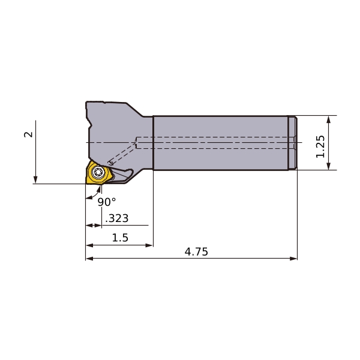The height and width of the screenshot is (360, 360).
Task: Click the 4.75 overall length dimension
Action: tap(196, 252)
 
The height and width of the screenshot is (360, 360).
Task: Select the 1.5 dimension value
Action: tap(120, 238)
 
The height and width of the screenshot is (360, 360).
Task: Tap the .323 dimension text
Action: tap(117, 218)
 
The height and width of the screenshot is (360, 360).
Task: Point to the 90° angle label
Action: tap(107, 202)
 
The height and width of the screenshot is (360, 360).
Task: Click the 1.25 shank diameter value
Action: tap(320, 146)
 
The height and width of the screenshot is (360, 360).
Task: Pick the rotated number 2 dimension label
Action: tap(28, 134)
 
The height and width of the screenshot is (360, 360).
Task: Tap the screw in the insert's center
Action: tap(99, 172)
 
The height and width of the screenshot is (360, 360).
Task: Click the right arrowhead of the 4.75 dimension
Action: tap(293, 259)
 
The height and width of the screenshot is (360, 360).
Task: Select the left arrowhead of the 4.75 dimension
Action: tap(89, 259)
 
